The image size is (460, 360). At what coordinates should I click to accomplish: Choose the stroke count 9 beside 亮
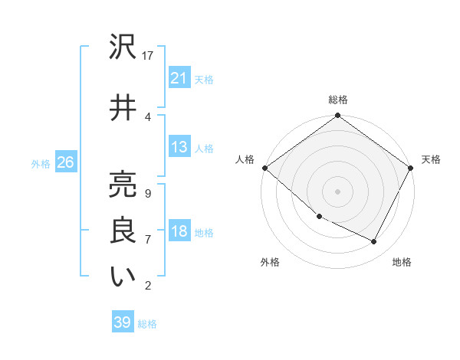pyautogui.click(x=147, y=194)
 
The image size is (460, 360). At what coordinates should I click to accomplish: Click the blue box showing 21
pyautogui.click(x=179, y=79)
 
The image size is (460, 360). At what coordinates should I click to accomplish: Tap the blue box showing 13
pyautogui.click(x=179, y=148)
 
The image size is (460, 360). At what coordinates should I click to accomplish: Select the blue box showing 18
pyautogui.click(x=179, y=232)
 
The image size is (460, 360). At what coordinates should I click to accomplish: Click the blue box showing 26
pyautogui.click(x=65, y=162)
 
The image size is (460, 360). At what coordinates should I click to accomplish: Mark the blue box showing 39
pyautogui.click(x=123, y=322)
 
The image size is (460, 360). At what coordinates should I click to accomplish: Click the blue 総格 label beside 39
pyautogui.click(x=147, y=324)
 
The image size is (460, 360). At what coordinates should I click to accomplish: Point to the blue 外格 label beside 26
pyautogui.click(x=41, y=163)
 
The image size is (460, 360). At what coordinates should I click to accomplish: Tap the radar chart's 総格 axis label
pyautogui.click(x=338, y=100)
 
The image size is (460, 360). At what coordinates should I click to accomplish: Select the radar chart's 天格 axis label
pyautogui.click(x=432, y=159)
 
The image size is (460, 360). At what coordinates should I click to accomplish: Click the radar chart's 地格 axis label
pyautogui.click(x=402, y=262)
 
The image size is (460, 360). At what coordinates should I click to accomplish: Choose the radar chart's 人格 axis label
pyautogui.click(x=245, y=159)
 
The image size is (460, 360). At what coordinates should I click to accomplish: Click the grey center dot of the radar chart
pyautogui.click(x=338, y=191)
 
